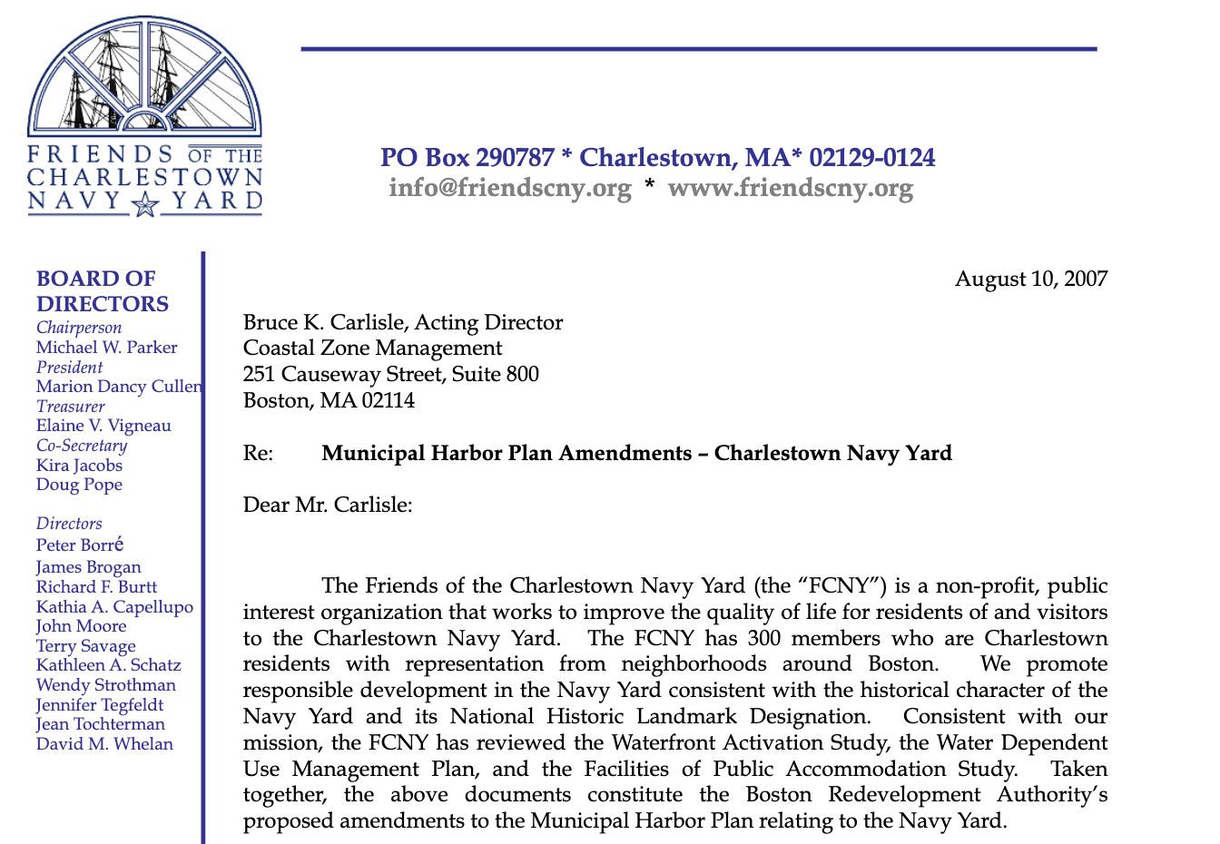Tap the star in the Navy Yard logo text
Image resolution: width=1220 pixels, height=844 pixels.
point(144,205)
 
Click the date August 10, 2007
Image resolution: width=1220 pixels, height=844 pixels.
point(1030,279)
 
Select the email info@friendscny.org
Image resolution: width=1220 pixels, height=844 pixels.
point(509,188)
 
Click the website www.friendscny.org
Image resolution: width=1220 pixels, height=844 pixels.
point(790,188)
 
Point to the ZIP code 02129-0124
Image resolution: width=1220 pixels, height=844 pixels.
point(871,158)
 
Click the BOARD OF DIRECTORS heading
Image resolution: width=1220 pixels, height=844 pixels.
point(103,290)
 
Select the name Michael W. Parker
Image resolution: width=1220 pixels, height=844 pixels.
point(106,348)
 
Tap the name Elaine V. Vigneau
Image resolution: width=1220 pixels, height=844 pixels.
point(103,426)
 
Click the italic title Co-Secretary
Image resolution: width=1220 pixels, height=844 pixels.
point(82,446)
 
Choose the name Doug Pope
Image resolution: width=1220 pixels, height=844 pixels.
point(79,485)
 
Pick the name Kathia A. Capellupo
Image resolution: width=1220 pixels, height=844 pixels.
point(114,607)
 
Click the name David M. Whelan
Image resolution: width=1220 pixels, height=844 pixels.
point(104,744)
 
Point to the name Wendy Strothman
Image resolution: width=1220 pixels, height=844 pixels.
point(106,685)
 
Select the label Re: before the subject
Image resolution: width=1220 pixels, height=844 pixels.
point(258,453)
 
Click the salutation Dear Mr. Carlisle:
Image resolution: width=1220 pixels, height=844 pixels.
point(328,505)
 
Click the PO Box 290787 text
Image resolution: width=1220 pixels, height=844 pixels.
point(467,158)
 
